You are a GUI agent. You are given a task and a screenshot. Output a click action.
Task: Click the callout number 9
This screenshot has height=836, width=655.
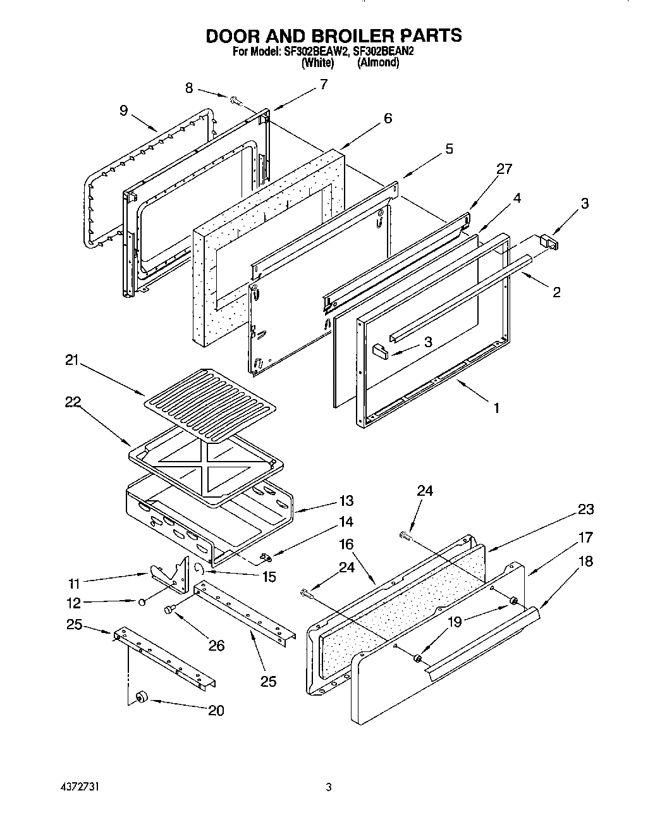coord(123,111)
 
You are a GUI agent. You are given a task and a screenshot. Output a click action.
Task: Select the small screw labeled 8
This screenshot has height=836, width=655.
coord(235,100)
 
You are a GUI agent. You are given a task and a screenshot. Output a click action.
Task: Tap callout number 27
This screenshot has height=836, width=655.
coord(504,169)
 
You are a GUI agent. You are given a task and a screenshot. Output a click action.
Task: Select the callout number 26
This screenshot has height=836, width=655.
coord(216,646)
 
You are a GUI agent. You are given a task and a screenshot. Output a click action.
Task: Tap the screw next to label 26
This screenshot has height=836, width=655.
coord(169,610)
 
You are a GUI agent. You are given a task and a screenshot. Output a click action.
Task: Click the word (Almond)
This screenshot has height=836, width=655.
coord(378,63)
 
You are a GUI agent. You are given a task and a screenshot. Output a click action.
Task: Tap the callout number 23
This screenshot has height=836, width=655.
coord(585,510)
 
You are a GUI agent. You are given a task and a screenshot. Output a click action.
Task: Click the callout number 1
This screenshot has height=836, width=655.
coord(496,409)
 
